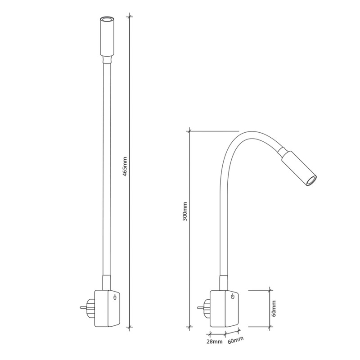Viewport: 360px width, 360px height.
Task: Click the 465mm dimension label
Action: click(x=125, y=166)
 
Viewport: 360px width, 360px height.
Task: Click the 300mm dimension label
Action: click(x=185, y=211)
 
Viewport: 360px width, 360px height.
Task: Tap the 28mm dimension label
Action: click(x=215, y=342)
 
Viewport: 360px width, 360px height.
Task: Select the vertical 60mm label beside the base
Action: click(x=274, y=308)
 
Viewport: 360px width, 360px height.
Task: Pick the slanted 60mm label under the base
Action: click(x=236, y=340)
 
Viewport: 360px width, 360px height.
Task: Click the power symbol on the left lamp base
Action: click(x=115, y=297)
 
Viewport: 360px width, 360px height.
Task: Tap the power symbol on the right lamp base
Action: click(x=233, y=297)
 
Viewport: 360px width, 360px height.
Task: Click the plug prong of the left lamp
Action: click(x=83, y=307)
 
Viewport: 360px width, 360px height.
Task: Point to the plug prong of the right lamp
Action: click(x=200, y=307)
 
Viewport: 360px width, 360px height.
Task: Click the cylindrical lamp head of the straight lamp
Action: click(x=107, y=36)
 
